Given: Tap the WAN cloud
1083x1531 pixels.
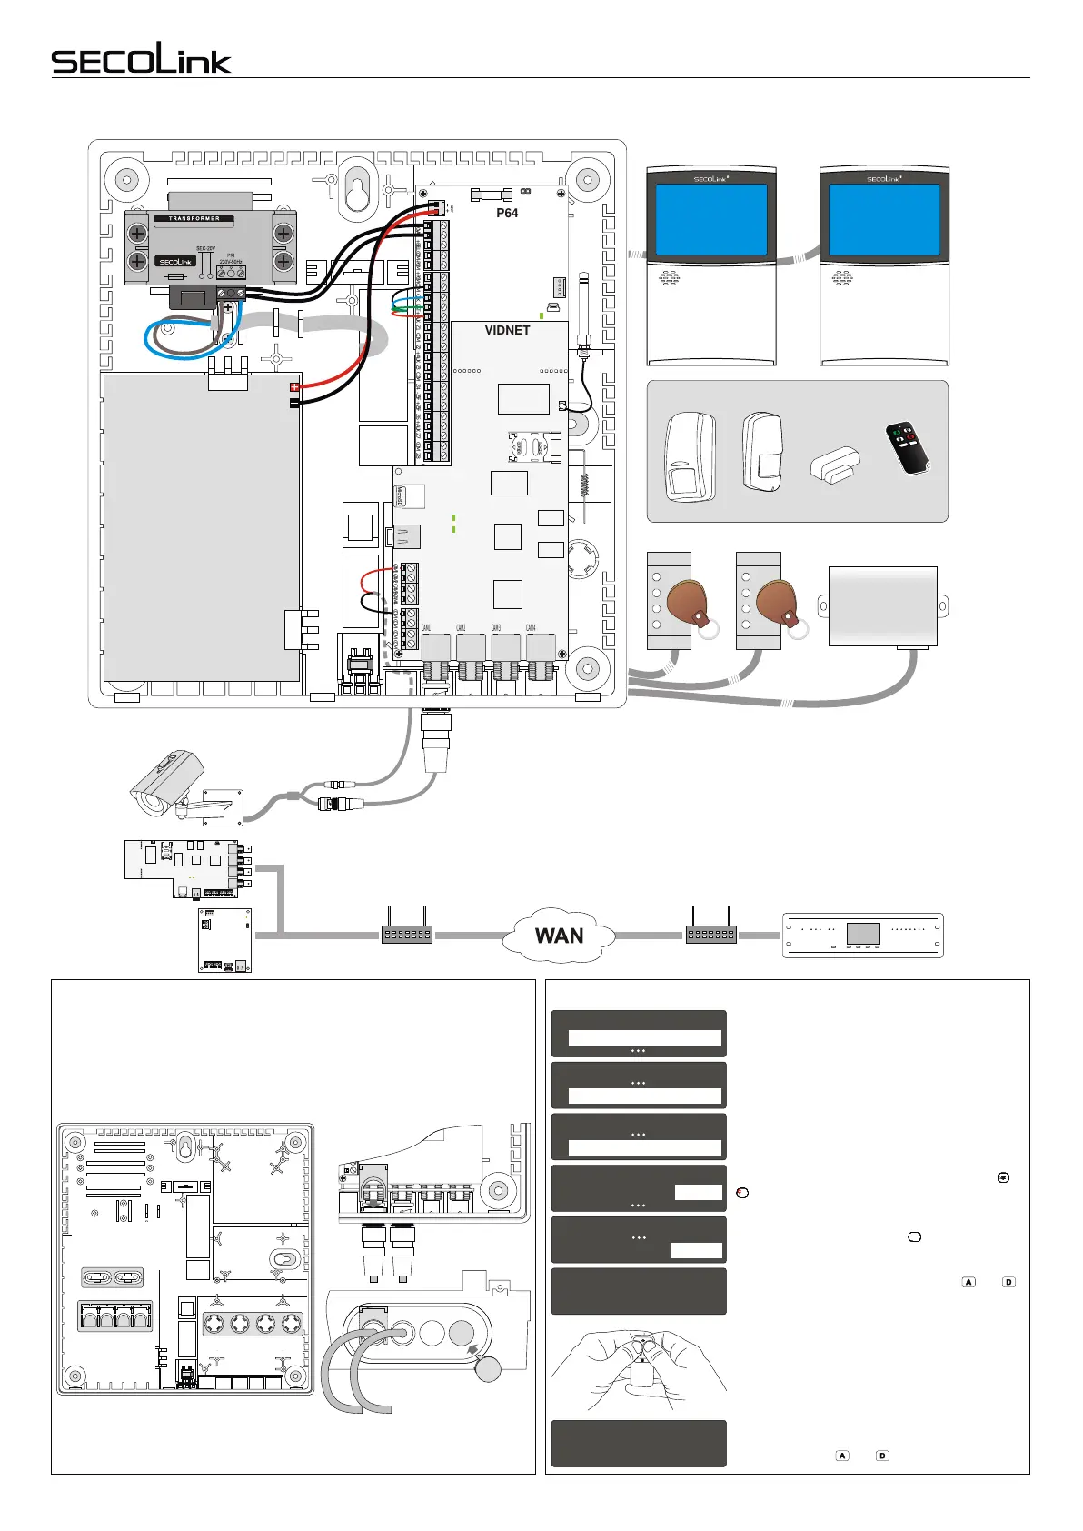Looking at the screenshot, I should point(559,936).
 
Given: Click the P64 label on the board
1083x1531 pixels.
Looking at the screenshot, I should point(507,213).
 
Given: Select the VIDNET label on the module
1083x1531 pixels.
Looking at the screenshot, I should point(507,330).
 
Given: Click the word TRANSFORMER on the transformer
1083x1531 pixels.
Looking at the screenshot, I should point(194,219).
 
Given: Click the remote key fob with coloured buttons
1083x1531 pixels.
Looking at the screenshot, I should point(908,448).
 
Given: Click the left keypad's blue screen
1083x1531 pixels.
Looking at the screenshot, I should point(711,219).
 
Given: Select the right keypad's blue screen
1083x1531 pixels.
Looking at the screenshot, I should point(884,219).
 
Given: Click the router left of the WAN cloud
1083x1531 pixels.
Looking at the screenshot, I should point(406,934).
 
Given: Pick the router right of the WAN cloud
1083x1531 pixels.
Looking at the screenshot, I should point(710,934).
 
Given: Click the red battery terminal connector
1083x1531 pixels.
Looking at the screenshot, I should point(294,387).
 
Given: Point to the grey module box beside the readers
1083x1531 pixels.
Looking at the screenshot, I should point(882,606).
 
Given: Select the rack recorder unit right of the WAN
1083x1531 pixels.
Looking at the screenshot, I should point(863,935).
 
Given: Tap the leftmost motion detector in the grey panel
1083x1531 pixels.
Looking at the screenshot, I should point(690,458).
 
